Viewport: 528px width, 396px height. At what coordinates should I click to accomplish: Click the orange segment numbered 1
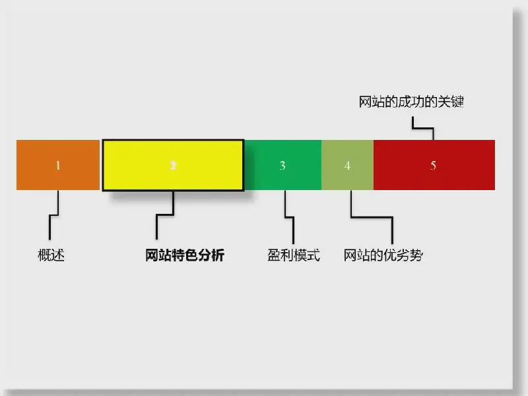click(58, 165)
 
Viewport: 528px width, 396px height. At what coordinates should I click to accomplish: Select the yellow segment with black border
click(173, 166)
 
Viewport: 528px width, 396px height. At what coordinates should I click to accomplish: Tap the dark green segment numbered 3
click(283, 165)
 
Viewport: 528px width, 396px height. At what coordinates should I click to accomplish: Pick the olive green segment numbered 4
click(348, 165)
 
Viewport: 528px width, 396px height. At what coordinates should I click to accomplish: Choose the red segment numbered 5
click(434, 165)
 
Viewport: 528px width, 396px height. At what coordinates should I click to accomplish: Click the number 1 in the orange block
click(58, 166)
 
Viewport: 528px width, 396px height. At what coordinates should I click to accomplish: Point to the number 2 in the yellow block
click(173, 166)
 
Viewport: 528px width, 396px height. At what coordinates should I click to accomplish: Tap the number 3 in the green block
click(282, 166)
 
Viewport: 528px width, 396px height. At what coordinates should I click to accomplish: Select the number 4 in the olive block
click(347, 166)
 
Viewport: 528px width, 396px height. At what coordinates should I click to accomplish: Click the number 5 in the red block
click(433, 166)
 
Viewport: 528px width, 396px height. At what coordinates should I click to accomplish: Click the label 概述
click(51, 255)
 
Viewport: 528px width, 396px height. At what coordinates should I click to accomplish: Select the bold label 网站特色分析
click(185, 255)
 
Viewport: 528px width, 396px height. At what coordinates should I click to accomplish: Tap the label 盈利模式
click(294, 255)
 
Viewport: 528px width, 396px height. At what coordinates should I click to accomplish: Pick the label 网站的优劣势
click(383, 255)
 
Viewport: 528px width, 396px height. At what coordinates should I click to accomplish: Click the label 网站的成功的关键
click(411, 102)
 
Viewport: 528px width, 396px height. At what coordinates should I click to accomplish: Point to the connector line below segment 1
click(54, 215)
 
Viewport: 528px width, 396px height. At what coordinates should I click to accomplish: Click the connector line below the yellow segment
click(165, 214)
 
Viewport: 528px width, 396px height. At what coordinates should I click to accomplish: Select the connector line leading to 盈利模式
click(289, 217)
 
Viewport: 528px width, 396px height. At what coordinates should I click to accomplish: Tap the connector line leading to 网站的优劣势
click(372, 217)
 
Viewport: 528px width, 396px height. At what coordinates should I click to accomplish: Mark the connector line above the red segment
click(423, 128)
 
